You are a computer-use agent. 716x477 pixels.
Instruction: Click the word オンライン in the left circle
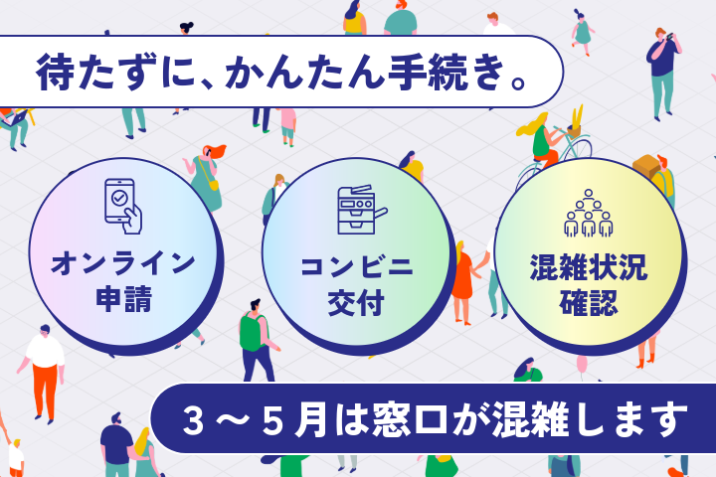(123, 263)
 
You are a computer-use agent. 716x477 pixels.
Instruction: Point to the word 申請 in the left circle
(123, 299)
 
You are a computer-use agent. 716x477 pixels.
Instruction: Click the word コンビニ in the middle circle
(356, 267)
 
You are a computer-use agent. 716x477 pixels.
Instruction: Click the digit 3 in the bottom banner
(195, 418)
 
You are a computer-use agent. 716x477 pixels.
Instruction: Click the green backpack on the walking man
(252, 332)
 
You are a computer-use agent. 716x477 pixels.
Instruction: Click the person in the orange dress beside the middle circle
(461, 274)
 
